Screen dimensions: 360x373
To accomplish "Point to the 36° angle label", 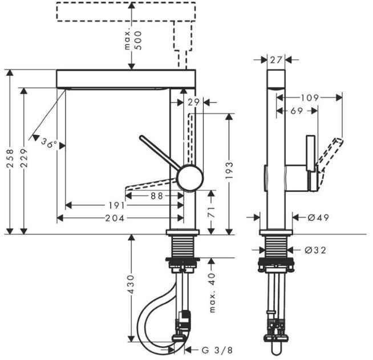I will (x=49, y=143).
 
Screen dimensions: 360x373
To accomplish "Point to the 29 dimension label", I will (x=193, y=102).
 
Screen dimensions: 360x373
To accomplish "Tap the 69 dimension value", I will (x=297, y=112).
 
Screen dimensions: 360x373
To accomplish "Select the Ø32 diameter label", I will (x=315, y=249).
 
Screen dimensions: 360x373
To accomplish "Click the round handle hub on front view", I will (x=189, y=177).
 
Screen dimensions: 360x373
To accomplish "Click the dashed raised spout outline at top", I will (x=125, y=12).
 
